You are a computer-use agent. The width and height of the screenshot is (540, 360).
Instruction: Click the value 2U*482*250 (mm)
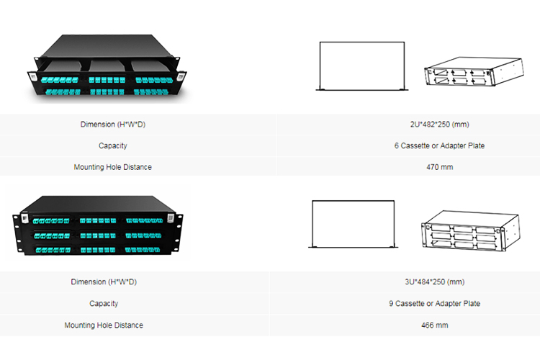[439, 125]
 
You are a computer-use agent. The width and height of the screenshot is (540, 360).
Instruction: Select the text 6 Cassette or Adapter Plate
[439, 145]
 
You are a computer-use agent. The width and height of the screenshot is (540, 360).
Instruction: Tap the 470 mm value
[439, 167]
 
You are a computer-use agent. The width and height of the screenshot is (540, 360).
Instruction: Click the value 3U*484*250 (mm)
[435, 282]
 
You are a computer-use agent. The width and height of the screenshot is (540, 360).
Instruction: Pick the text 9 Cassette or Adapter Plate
[435, 304]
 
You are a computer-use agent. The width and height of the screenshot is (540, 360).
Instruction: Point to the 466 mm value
[435, 325]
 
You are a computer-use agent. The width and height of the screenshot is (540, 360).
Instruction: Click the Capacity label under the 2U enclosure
[112, 145]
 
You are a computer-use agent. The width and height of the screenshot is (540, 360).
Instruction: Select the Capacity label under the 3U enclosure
[104, 304]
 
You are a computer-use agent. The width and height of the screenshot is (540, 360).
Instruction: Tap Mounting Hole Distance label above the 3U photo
[112, 167]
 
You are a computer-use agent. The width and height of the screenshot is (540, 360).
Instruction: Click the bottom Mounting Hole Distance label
[104, 325]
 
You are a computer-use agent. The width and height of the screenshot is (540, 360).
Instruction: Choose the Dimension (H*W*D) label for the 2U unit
[112, 125]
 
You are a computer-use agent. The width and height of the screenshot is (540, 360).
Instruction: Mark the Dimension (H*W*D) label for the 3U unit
[104, 282]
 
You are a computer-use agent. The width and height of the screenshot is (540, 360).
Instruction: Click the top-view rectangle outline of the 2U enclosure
[320, 66]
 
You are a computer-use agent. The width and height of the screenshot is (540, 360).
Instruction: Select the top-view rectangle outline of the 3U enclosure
[312, 223]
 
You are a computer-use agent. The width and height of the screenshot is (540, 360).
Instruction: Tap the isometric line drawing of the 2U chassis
[474, 71]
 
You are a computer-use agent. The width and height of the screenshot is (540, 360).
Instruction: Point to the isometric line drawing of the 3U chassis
[470, 230]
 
